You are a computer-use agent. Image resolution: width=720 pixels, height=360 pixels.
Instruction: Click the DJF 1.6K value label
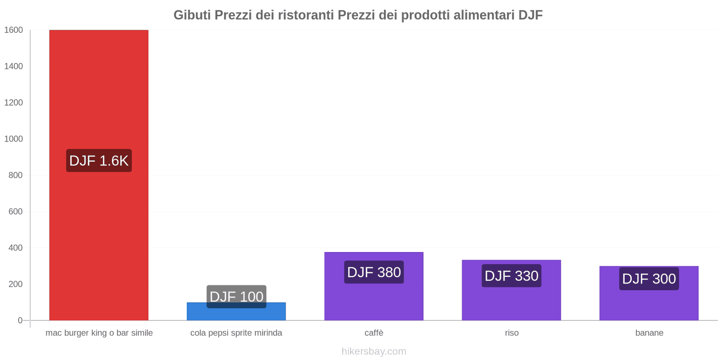99,161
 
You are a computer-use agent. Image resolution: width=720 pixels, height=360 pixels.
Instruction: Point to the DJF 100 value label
236,297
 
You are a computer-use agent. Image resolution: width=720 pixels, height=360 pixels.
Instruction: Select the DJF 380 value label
373,272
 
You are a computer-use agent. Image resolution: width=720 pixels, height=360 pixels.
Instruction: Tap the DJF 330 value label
511,276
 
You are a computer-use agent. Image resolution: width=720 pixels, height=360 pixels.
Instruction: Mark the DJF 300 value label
649,279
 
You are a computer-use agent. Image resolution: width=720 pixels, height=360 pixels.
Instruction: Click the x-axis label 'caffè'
373,333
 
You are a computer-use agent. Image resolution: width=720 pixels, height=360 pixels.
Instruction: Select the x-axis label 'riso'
512,333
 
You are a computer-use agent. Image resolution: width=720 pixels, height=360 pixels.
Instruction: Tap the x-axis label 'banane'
649,333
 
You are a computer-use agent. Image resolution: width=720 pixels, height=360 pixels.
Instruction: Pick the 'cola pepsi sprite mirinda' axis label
236,333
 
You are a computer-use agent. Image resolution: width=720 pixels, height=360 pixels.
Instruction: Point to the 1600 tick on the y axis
13,30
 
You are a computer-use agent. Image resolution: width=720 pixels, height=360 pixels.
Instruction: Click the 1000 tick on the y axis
13,139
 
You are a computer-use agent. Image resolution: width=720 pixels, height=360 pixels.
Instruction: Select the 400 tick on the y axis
15,248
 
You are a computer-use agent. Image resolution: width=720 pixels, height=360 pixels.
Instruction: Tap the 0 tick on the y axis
20,320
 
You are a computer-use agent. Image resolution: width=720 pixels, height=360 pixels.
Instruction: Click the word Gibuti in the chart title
192,15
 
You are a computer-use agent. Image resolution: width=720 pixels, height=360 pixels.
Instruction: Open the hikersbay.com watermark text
373,351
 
